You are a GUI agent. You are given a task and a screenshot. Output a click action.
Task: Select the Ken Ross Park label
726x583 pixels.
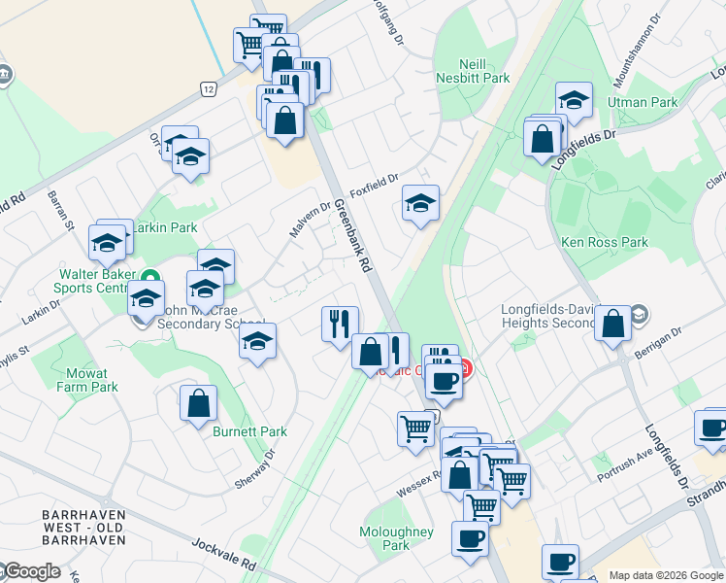tap(604, 242)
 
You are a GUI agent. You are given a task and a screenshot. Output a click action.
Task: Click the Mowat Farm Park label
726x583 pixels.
tap(92, 379)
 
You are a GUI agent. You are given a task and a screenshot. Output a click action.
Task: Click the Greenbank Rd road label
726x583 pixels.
tap(353, 235)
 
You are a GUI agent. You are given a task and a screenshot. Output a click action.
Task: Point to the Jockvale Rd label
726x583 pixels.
tap(222, 555)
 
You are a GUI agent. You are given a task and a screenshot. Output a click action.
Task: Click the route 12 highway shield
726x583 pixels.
tap(209, 88)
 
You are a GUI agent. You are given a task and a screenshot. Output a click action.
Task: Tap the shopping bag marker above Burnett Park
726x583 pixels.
tap(198, 406)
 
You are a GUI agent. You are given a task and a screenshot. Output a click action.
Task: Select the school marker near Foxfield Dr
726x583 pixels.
tap(420, 204)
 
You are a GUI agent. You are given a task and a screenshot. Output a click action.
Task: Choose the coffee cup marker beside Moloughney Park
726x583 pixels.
tap(471, 538)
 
